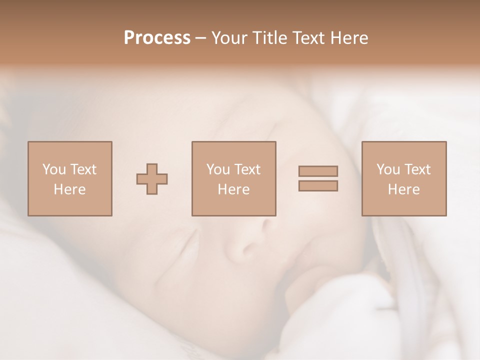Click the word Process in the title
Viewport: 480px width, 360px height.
(x=157, y=38)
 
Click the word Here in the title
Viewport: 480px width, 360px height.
(x=350, y=38)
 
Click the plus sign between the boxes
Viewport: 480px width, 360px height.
(x=152, y=179)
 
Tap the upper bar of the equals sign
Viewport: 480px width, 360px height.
(x=318, y=171)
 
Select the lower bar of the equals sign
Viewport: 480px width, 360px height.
(x=318, y=185)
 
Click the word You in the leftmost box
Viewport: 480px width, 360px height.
(x=53, y=169)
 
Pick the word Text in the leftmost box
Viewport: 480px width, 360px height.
(x=82, y=169)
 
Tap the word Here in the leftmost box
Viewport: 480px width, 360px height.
(x=69, y=189)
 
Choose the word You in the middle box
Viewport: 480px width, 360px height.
(x=218, y=169)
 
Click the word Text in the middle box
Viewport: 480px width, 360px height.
(x=246, y=169)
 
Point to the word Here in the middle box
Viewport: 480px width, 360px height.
(x=233, y=189)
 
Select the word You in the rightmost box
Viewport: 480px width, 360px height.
(x=388, y=169)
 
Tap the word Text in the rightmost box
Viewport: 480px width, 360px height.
(x=416, y=169)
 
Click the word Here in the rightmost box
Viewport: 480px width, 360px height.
(x=403, y=189)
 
